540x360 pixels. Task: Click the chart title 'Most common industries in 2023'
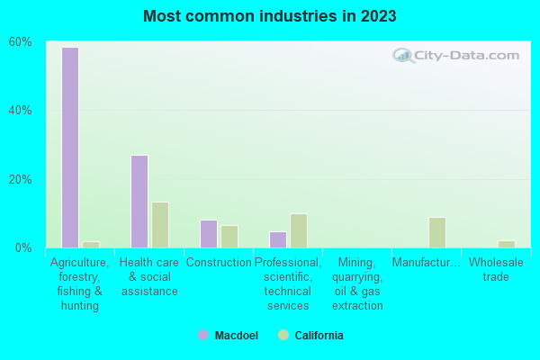click(269, 16)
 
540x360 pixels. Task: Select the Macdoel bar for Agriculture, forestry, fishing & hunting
click(69, 148)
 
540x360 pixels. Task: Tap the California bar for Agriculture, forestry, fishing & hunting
click(91, 244)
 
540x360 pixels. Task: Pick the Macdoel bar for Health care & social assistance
click(139, 202)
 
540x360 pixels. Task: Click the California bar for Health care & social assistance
click(160, 225)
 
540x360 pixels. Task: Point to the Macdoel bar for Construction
click(208, 234)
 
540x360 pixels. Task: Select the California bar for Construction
click(229, 237)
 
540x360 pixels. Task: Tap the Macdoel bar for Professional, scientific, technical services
click(277, 239)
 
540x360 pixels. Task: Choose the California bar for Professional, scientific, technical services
click(299, 230)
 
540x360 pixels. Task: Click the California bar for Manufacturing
click(437, 232)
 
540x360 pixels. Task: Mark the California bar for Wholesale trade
click(507, 244)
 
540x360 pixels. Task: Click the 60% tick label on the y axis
click(21, 41)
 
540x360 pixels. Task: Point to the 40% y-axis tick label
click(21, 110)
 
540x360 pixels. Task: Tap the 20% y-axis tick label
click(21, 179)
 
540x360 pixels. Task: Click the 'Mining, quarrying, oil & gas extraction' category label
click(357, 283)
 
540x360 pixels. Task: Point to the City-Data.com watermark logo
click(456, 56)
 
